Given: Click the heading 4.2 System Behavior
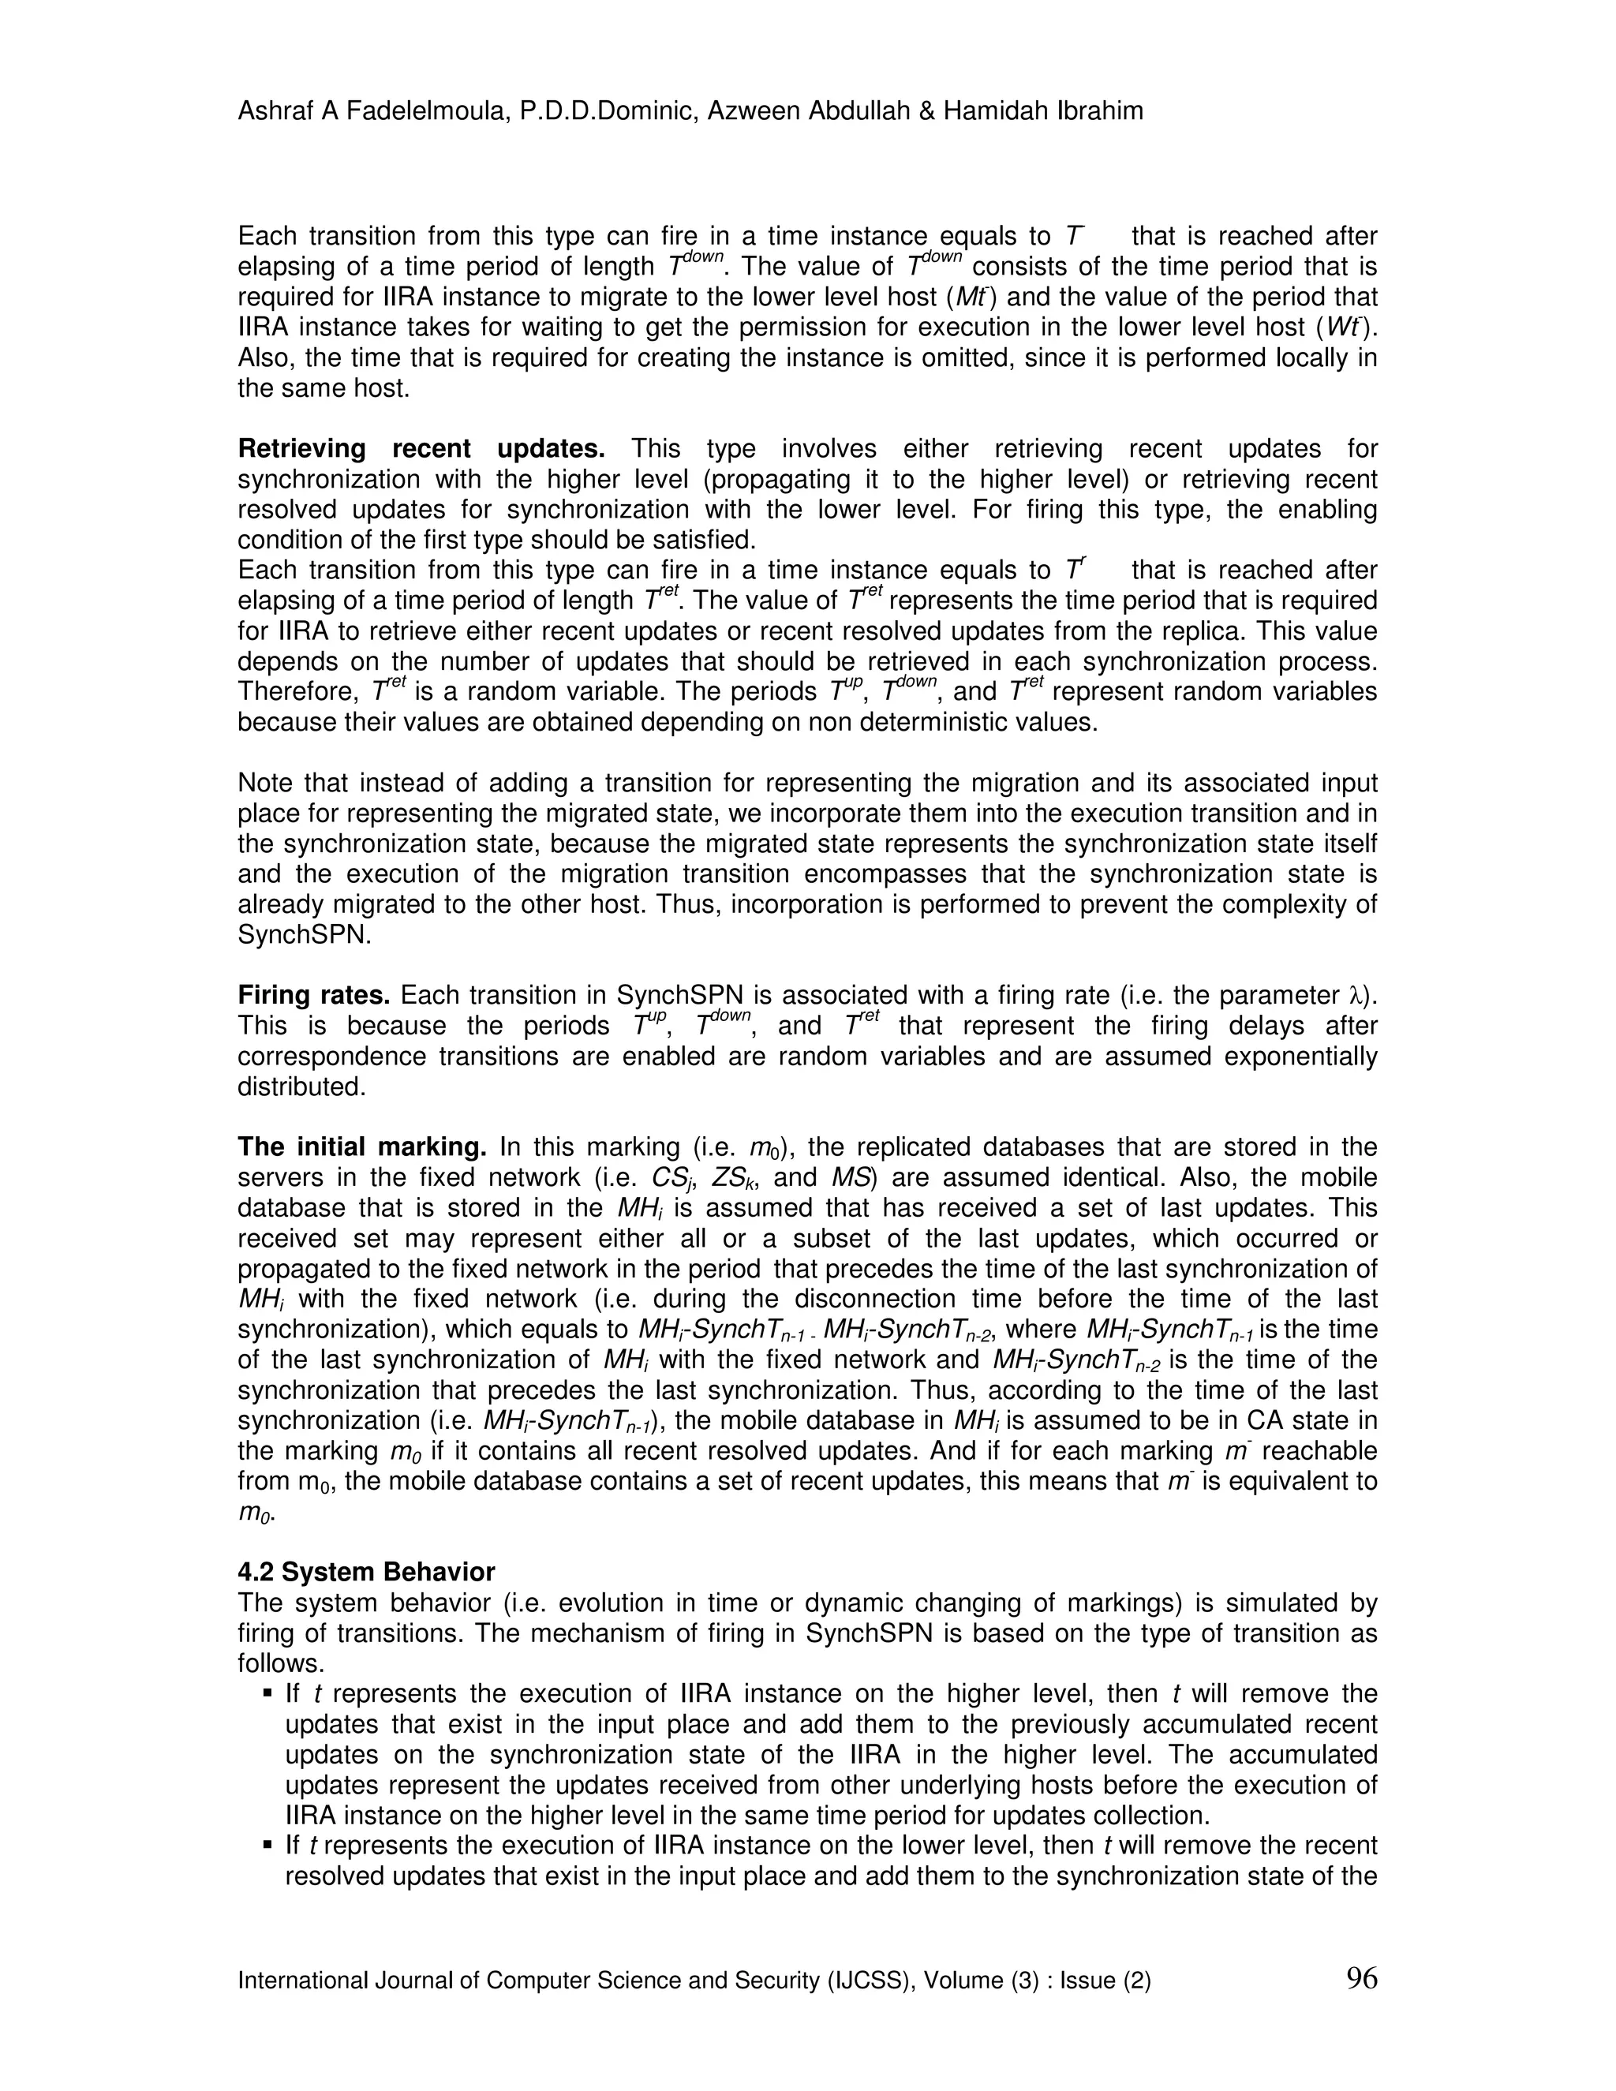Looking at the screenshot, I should pyautogui.click(x=365, y=1572).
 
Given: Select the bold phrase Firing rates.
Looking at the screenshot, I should pyautogui.click(x=314, y=996).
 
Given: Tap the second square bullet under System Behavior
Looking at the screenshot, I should pyautogui.click(x=267, y=1845).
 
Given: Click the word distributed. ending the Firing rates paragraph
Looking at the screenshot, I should pyautogui.click(x=301, y=1087).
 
